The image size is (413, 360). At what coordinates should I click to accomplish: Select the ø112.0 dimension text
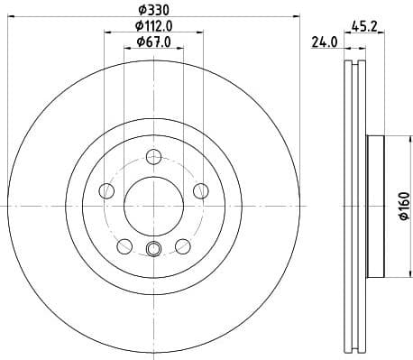click(x=153, y=26)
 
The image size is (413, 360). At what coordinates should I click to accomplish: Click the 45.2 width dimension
click(x=363, y=26)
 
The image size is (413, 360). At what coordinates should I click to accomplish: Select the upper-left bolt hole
click(x=107, y=190)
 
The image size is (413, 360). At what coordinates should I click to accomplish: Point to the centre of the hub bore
click(x=152, y=206)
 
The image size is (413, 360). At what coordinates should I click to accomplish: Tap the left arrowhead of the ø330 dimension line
click(x=11, y=17)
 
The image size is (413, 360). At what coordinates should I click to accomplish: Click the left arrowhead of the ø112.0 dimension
click(x=106, y=33)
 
